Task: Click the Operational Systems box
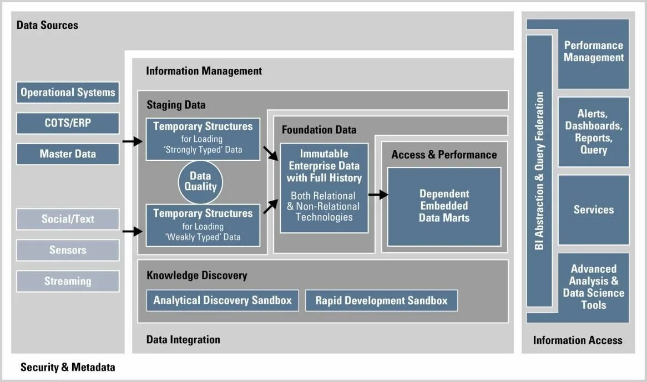(68, 93)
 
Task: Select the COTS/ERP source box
(68, 123)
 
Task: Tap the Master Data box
(68, 154)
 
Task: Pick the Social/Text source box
(68, 219)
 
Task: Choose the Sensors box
(68, 250)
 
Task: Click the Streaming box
(68, 281)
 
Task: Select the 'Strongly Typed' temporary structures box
(203, 138)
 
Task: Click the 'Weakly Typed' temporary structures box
(203, 225)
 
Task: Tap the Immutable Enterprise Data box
(324, 188)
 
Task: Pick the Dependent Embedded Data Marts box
(444, 206)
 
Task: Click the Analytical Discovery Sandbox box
(223, 300)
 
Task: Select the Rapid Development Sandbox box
(381, 300)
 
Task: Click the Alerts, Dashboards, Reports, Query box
(593, 132)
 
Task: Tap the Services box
(593, 210)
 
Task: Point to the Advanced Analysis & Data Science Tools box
(593, 287)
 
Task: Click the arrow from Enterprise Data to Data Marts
(378, 195)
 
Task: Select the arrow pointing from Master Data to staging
(132, 142)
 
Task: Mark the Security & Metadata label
(68, 367)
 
